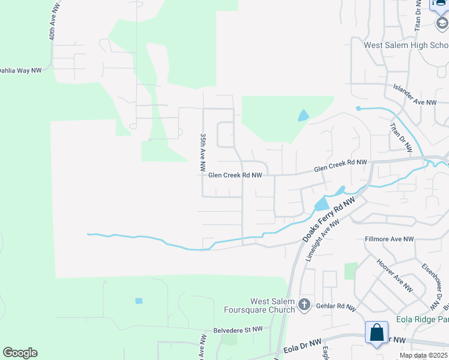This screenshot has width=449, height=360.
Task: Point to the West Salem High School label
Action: pos(406,45)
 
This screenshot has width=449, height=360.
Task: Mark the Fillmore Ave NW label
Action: pos(390,239)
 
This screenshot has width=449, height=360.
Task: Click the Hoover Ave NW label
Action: pos(394,275)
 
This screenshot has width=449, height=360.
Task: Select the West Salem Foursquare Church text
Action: pos(273,305)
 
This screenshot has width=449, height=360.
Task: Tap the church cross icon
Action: pos(304,305)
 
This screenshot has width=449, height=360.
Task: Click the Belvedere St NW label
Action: pos(238,329)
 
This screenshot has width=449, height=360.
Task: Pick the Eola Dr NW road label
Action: pos(301,347)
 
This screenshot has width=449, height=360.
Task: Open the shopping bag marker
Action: pos(376,332)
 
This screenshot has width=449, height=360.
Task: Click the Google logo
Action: pos(20,353)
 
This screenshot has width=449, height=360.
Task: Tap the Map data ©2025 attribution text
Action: pos(423,355)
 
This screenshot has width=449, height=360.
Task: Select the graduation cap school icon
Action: pos(441,23)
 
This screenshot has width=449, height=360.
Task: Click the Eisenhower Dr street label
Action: pos(432,283)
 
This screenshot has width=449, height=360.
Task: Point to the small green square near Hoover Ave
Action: pos(351,271)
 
